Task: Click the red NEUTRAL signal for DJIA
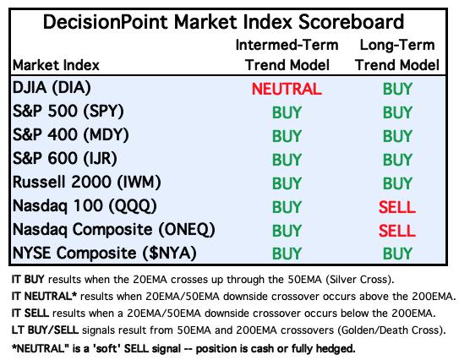pyautogui.click(x=287, y=89)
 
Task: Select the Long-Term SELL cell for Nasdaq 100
pyautogui.click(x=397, y=207)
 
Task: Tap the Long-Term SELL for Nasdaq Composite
pyautogui.click(x=397, y=231)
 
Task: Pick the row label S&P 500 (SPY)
pyautogui.click(x=68, y=112)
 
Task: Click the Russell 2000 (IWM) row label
pyautogui.click(x=87, y=182)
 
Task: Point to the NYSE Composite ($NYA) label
pyautogui.click(x=105, y=253)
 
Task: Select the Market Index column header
pyautogui.click(x=56, y=65)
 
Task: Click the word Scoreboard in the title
pyautogui.click(x=351, y=22)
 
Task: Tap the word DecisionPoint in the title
pyautogui.click(x=105, y=22)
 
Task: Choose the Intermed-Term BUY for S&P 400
pyautogui.click(x=287, y=136)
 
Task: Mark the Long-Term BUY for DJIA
pyautogui.click(x=397, y=89)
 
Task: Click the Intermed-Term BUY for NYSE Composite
pyautogui.click(x=287, y=254)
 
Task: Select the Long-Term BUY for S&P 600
pyautogui.click(x=397, y=160)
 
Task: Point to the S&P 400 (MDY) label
pyautogui.click(x=71, y=135)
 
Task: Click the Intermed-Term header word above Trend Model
pyautogui.click(x=287, y=45)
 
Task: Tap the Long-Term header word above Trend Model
pyautogui.click(x=397, y=45)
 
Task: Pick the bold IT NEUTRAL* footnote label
pyautogui.click(x=44, y=297)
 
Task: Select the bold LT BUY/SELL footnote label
pyautogui.click(x=45, y=330)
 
